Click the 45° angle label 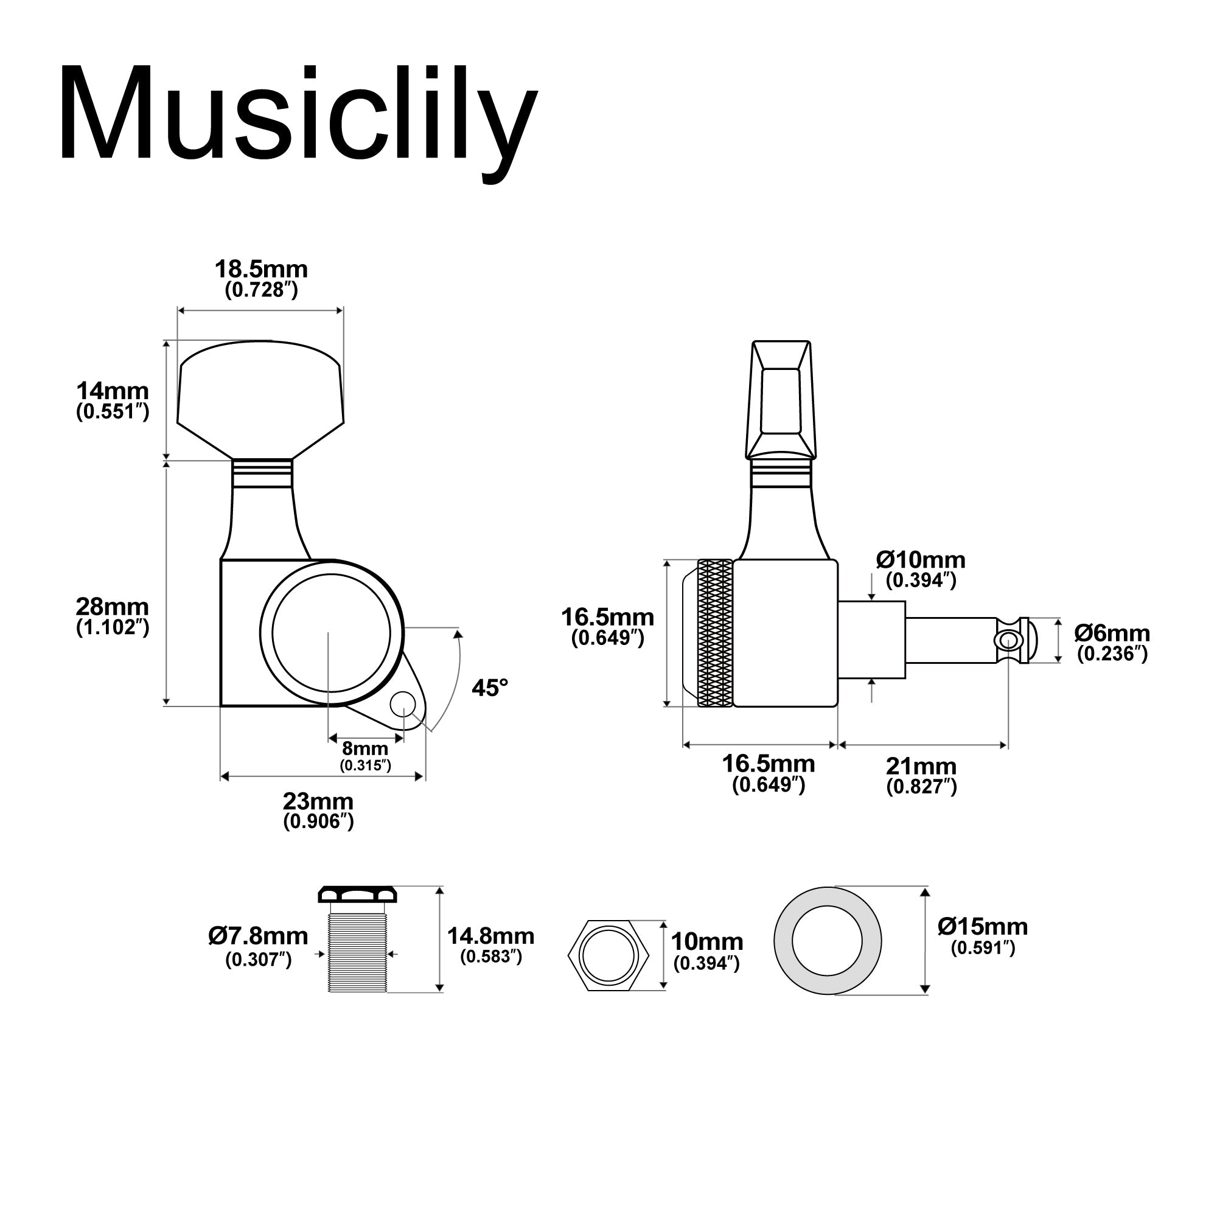pos(489,688)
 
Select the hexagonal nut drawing pos(608,955)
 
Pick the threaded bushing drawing pos(357,945)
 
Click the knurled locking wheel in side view pos(715,632)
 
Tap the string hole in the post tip pos(1008,641)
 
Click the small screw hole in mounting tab pos(403,703)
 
